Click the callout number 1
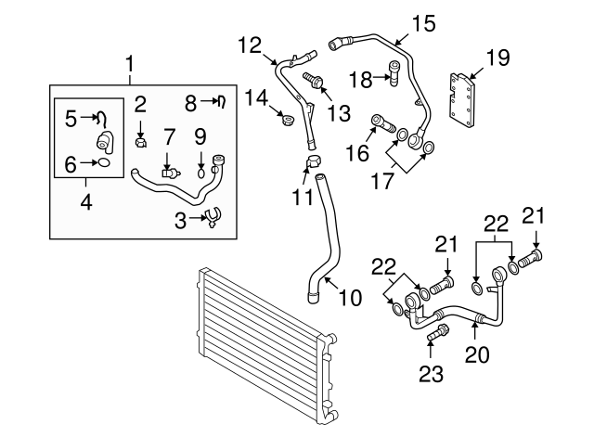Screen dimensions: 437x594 130,64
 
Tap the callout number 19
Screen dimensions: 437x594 498,58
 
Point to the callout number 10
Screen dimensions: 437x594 350,298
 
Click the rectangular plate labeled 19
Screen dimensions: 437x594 465,96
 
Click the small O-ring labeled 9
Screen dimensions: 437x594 201,171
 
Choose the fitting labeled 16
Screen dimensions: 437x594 383,121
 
